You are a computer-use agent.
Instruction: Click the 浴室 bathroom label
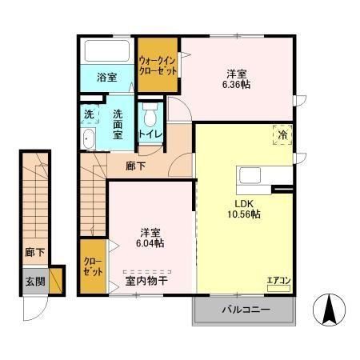(x=107, y=78)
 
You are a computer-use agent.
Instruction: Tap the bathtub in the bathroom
(x=107, y=52)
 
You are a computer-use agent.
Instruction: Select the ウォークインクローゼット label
(x=157, y=63)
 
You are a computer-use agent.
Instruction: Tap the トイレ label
(x=149, y=134)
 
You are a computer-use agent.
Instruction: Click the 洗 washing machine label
(x=89, y=114)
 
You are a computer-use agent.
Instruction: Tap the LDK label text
(x=242, y=202)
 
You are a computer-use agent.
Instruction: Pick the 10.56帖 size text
(x=243, y=214)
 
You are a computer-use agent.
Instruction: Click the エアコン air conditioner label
(x=280, y=280)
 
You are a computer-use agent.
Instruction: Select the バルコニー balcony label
(x=245, y=310)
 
